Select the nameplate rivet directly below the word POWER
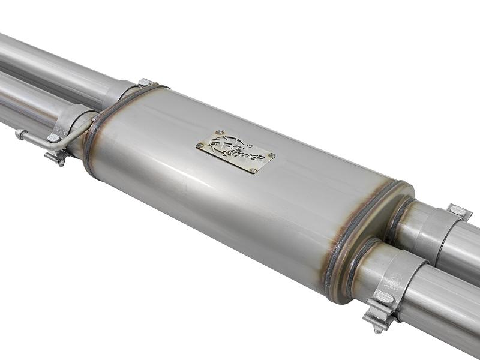(x=253, y=170)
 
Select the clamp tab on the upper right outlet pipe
(x=459, y=212)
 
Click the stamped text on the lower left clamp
(x=59, y=130)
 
